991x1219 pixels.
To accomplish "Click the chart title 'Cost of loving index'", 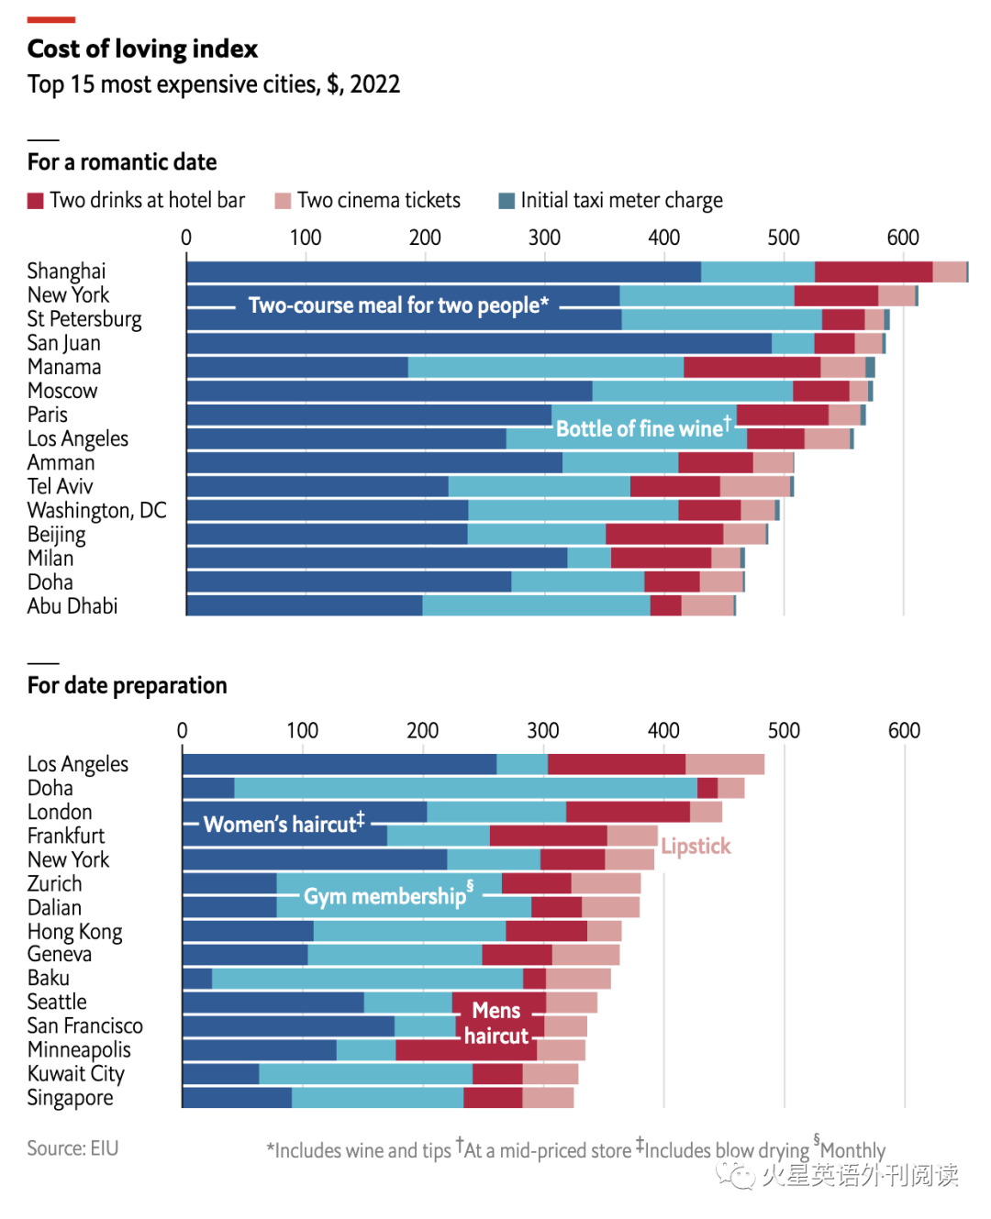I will (x=142, y=49).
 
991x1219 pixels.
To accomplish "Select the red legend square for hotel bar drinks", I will (x=36, y=201).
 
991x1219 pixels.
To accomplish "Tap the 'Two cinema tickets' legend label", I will (x=378, y=201).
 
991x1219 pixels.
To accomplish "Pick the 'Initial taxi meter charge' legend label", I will (x=621, y=201).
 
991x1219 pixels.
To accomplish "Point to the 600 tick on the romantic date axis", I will (x=903, y=238).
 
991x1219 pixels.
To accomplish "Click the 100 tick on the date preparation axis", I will (x=302, y=731).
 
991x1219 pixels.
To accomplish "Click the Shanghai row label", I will (x=66, y=272).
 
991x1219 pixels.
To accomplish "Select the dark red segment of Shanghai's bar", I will (x=873, y=272).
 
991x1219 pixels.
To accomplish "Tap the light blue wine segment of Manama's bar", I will (x=545, y=367).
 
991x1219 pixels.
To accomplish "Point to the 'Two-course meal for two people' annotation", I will (x=398, y=305).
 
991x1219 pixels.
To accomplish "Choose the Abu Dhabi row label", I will (x=72, y=606).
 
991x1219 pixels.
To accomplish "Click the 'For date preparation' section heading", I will (x=127, y=686).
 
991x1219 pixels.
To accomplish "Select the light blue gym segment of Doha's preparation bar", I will (x=465, y=788).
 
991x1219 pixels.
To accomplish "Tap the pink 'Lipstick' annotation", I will (x=696, y=847).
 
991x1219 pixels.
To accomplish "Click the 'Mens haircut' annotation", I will (x=496, y=1024).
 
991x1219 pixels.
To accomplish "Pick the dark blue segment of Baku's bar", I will (x=197, y=978).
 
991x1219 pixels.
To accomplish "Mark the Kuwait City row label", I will (x=75, y=1074).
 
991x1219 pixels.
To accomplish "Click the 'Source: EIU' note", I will (x=72, y=1148).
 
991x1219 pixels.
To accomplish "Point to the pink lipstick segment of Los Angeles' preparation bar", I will (x=724, y=764).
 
